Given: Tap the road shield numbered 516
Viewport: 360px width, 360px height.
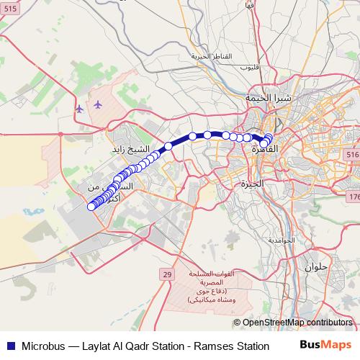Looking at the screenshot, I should click(352, 155).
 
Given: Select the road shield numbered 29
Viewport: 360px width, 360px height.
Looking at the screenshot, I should click(167, 274).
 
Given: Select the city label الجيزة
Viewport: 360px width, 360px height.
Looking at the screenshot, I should click(253, 184).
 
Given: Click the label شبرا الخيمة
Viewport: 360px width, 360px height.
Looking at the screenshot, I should click(268, 97).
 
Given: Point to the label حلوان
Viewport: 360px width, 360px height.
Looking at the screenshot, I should click(317, 267).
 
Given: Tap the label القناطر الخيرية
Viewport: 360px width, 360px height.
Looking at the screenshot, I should click(209, 56).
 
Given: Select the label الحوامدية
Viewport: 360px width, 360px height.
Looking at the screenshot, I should click(282, 240).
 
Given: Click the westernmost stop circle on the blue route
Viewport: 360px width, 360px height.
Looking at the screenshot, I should click(91, 207).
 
